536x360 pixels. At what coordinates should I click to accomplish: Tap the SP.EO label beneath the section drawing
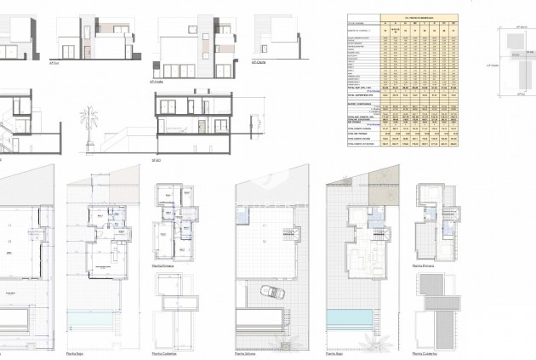(x=157, y=159)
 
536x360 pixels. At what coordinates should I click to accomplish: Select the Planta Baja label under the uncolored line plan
(x=77, y=353)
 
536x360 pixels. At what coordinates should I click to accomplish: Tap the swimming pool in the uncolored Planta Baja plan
(x=100, y=328)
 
